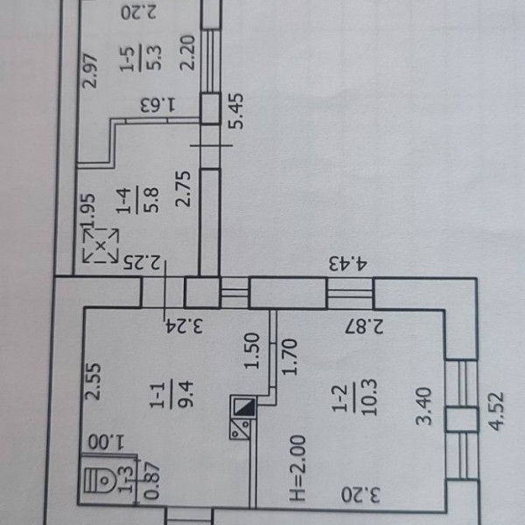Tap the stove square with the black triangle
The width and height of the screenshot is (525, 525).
[x=243, y=409]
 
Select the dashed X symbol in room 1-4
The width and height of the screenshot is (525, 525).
[x=101, y=247]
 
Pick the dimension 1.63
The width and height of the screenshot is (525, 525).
[x=158, y=105]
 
